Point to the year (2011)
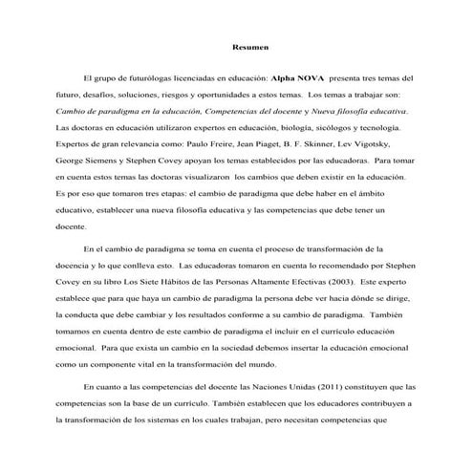308,387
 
